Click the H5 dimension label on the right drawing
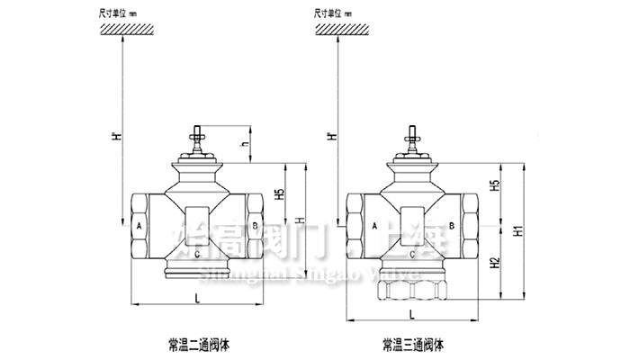point(494,187)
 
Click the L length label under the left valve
point(197,297)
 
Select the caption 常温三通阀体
point(413,344)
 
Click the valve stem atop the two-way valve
point(197,141)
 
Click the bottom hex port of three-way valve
point(414,290)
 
